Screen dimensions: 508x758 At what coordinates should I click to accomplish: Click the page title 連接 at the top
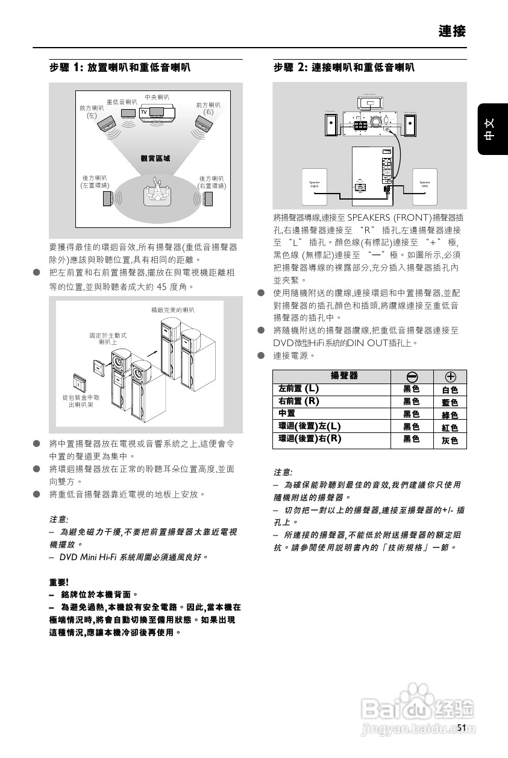(452, 31)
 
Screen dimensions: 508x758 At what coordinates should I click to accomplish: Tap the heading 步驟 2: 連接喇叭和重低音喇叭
(343, 68)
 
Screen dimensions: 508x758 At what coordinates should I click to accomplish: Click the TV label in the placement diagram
(144, 112)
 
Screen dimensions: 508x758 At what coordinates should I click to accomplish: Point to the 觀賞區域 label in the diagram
(155, 159)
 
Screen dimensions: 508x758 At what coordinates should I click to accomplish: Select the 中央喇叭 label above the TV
(157, 96)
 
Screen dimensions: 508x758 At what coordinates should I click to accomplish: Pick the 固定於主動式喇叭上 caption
(108, 338)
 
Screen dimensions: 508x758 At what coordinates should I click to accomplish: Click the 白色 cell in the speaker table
(450, 390)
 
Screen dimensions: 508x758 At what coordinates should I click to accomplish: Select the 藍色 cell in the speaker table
(450, 402)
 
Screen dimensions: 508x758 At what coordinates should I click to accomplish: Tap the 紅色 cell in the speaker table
(450, 428)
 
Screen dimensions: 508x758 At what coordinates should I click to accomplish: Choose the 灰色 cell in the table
(450, 441)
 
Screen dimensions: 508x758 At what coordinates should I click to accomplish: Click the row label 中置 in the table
(287, 414)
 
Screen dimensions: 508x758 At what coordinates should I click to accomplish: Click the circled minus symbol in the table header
(412, 376)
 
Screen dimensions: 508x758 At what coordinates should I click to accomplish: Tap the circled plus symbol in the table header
(450, 376)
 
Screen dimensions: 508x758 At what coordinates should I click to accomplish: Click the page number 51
(462, 728)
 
